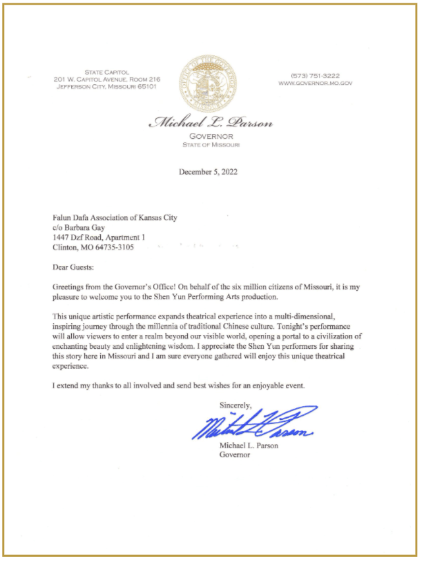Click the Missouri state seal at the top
coord(210,82)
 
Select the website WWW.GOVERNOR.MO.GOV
coord(316,84)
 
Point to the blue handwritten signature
coord(254,425)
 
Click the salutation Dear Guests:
coord(73,268)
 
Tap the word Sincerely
coord(236,405)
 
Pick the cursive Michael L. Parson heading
coord(211,123)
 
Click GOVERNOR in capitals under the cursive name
coord(211,136)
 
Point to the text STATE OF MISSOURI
coord(211,144)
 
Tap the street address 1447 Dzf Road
coord(83,238)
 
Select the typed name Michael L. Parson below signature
coord(250,446)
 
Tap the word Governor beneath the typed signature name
coord(235,455)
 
